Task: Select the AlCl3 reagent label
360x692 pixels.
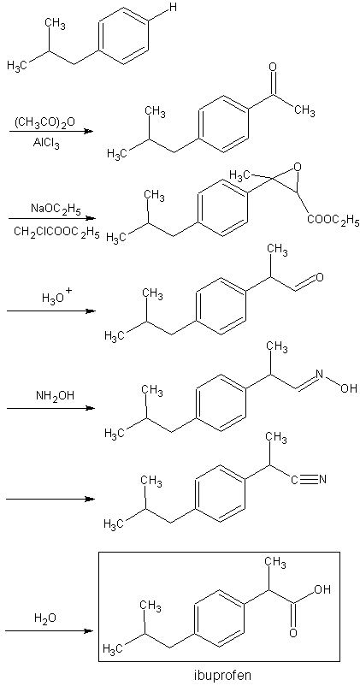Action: pos(44,144)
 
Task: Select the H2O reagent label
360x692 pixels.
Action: pos(46,618)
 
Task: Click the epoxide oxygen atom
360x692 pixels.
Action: pos(298,168)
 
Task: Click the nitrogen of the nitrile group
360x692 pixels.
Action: pos(322,479)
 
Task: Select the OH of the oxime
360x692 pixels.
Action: pos(349,388)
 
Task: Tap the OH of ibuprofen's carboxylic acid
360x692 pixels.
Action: pos(322,590)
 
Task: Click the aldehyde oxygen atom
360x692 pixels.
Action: pos(320,278)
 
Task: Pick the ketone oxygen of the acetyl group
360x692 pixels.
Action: pos(273,68)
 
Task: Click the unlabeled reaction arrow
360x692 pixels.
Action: pos(50,500)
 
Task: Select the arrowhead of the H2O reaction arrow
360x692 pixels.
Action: pos(90,631)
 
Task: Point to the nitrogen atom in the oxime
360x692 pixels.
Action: pos(320,375)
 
